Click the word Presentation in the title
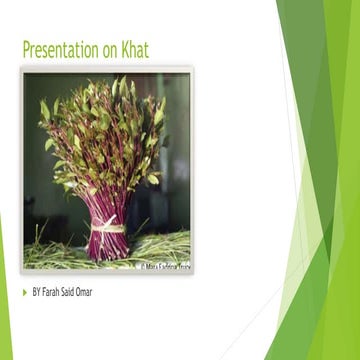[x=61, y=49]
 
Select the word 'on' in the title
[x=108, y=50]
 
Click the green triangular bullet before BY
[x=25, y=292]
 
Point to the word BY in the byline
[x=37, y=292]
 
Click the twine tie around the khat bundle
[x=107, y=225]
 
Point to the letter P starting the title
[x=25, y=49]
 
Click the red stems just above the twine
[x=107, y=205]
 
